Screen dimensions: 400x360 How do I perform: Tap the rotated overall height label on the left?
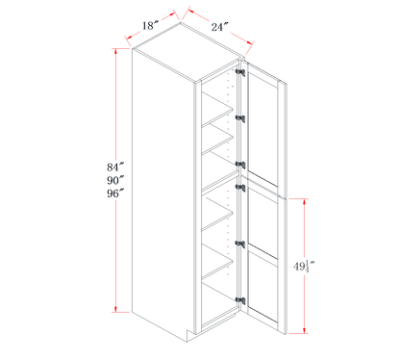point(119,180)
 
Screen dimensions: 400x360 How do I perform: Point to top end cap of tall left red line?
point(119,50)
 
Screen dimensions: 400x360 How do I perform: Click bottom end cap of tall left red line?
point(119,311)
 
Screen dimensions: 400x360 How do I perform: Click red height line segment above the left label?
point(119,106)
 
